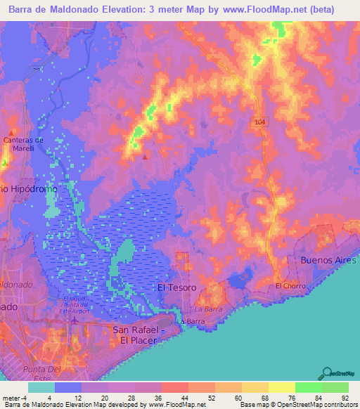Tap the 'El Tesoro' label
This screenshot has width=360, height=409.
point(175,288)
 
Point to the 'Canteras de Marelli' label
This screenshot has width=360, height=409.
point(23,144)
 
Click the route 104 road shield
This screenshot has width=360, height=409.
point(259,122)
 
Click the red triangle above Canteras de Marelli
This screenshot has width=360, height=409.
point(12,131)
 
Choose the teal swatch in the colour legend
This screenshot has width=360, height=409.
point(41,387)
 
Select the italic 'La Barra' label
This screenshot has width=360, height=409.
point(207,309)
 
